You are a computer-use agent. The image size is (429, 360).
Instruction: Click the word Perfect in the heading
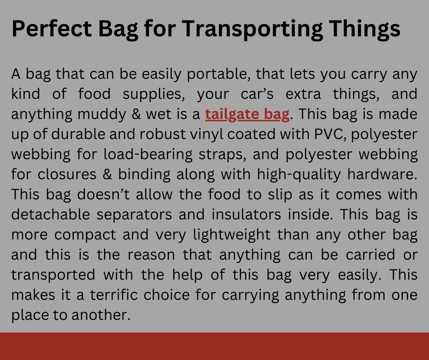(52, 28)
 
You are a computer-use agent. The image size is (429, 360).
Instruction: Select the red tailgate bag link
(247, 114)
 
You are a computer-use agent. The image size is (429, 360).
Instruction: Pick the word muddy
(101, 114)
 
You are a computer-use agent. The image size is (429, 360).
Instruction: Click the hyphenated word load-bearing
(148, 154)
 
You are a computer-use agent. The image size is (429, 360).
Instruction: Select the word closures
(67, 175)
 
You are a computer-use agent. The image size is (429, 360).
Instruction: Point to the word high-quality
(299, 175)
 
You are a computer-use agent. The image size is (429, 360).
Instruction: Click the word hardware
(382, 175)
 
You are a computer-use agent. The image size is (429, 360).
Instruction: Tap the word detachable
(51, 214)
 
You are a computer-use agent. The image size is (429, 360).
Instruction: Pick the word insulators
(246, 214)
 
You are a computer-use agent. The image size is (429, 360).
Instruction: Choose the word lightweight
(232, 235)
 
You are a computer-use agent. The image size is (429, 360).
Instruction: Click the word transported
(53, 275)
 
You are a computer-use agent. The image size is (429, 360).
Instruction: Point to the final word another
(101, 315)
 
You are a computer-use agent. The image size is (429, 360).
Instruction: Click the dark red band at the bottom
(215, 346)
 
